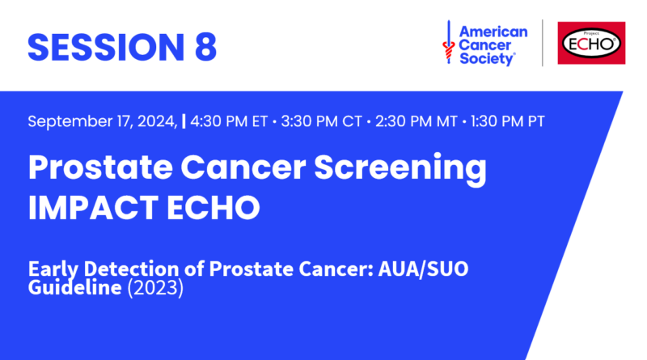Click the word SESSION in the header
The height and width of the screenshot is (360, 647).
(106, 47)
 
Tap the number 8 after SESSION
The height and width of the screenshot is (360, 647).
(205, 47)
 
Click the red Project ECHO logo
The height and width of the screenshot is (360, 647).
(591, 43)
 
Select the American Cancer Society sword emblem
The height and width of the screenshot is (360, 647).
(449, 42)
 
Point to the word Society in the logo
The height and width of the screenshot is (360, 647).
(488, 58)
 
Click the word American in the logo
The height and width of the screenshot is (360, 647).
(493, 32)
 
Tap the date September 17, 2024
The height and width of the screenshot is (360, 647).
(103, 121)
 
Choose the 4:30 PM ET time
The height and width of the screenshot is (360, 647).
(229, 121)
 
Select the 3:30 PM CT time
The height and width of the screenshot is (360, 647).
(321, 121)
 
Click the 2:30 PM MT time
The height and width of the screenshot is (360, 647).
(416, 121)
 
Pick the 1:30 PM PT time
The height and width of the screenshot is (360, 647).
(508, 121)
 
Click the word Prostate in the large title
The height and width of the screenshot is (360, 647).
(100, 167)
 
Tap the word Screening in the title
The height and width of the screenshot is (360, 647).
(400, 168)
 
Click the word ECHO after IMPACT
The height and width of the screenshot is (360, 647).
(214, 207)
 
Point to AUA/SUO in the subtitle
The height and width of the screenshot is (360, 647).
(423, 269)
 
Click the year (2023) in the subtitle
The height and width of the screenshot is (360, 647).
(155, 287)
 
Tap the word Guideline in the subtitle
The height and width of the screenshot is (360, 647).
(74, 287)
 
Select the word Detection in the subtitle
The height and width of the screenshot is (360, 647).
(131, 269)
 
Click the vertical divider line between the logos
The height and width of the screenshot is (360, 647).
(542, 43)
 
